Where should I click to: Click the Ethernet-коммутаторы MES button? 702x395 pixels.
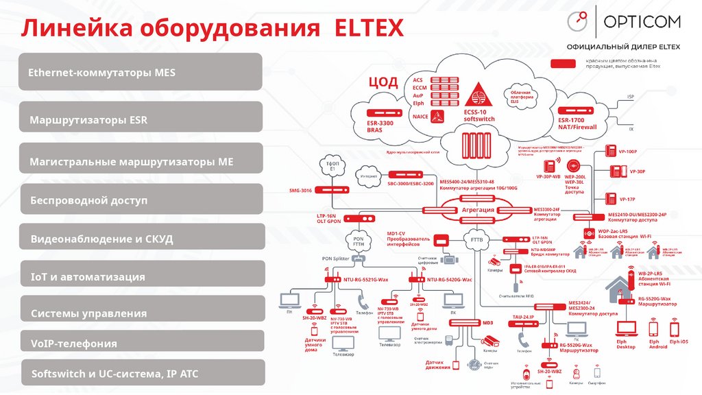point(141,71)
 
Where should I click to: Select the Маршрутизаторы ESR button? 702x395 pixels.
point(141,119)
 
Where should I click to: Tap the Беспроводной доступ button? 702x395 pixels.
point(141,200)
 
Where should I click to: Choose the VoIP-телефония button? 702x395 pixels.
point(141,343)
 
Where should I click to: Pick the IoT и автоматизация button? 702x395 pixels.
point(141,276)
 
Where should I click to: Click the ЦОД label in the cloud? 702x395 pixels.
point(383,82)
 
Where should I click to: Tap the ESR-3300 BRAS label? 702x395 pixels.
point(380,125)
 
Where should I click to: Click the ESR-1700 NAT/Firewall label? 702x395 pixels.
point(577,123)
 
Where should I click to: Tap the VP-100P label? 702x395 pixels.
point(628,152)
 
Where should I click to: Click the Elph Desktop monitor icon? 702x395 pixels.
point(626,328)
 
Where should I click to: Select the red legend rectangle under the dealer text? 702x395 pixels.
point(564,63)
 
